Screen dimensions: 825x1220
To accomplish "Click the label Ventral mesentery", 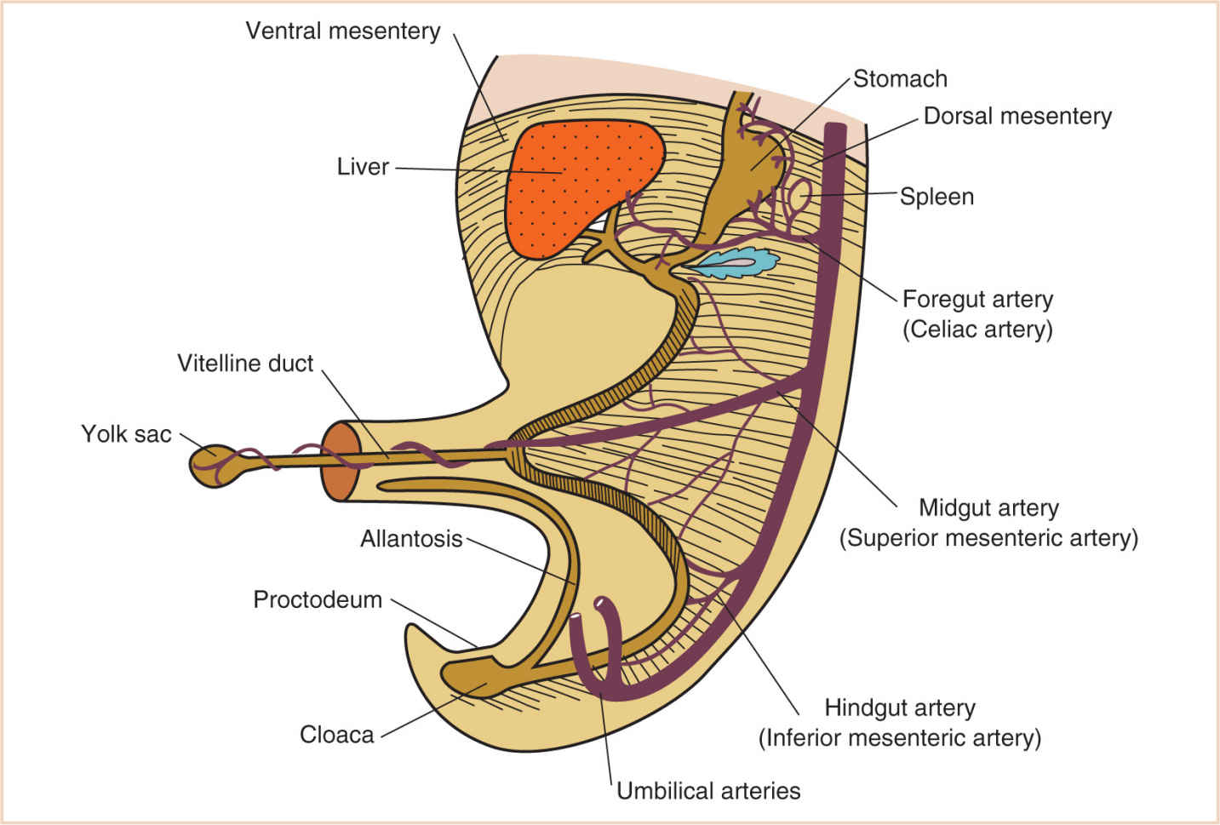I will tap(343, 32).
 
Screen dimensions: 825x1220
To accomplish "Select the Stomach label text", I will tap(900, 79).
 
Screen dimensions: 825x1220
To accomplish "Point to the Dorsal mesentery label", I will tap(1017, 117).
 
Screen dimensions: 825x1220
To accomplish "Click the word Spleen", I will tap(936, 197).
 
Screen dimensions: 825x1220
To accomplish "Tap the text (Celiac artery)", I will tap(977, 329).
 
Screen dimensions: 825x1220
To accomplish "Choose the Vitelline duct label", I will tap(245, 364).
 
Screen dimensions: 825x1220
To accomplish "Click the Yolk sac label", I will tap(126, 434).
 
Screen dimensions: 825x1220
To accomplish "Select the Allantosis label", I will tap(411, 539).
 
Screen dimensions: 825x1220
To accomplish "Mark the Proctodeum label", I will tap(318, 599).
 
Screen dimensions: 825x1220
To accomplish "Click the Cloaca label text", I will tap(336, 735).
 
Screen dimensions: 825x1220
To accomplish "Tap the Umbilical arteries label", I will tap(708, 791).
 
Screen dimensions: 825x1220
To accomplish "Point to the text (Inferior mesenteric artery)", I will tap(900, 738).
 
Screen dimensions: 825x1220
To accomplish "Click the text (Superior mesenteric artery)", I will tap(988, 538).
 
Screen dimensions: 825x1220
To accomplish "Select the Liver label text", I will tap(363, 167).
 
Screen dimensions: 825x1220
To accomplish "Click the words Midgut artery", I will tap(988, 508).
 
